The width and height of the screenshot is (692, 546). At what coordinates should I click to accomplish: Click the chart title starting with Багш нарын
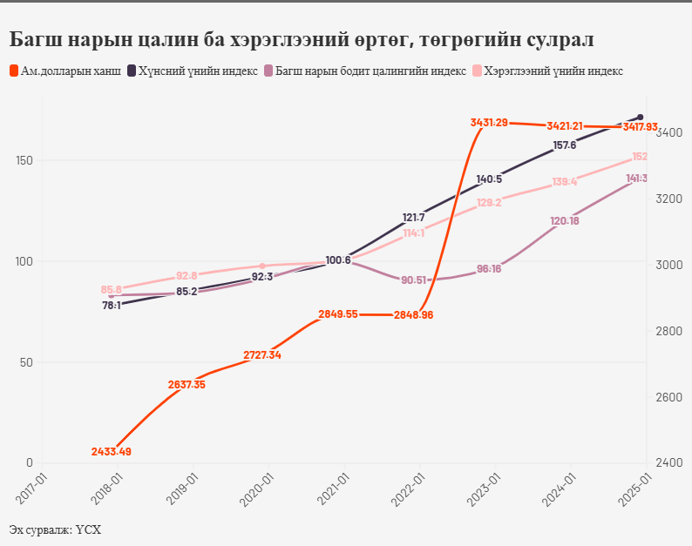coord(301,39)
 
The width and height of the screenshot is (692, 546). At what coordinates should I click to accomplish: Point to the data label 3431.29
coord(488,123)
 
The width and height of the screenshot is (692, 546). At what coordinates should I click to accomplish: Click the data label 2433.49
coord(112,451)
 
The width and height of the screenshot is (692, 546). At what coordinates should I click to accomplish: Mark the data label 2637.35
coord(187,385)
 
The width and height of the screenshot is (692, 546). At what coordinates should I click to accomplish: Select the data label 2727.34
coord(262,355)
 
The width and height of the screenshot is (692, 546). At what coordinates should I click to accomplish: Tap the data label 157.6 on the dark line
coord(564,145)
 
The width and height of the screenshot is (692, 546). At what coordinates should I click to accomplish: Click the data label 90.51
coord(413,280)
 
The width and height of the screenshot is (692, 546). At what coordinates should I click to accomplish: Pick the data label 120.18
coord(564,221)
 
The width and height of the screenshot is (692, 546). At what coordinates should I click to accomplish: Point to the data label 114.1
coord(413,233)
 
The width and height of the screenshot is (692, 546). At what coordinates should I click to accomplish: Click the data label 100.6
coord(337,260)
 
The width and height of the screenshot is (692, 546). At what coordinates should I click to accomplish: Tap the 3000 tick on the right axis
coord(669,266)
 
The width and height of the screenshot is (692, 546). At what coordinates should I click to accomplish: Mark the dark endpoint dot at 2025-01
coord(641,117)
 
